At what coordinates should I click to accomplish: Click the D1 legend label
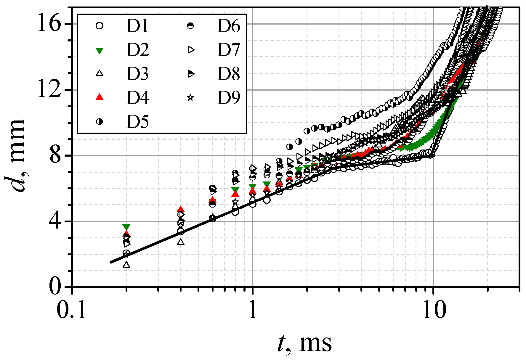click(137, 26)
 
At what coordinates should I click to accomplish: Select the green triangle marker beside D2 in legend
click(100, 50)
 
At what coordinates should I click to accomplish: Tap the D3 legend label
click(137, 74)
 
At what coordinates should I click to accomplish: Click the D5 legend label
click(137, 122)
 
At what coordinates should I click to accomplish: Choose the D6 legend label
click(228, 26)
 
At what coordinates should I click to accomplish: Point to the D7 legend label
click(228, 50)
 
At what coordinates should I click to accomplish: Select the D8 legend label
click(228, 74)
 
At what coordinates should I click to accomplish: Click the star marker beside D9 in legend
click(191, 97)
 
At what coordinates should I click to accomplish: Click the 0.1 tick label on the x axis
click(72, 311)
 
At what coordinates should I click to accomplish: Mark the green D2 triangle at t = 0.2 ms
click(126, 227)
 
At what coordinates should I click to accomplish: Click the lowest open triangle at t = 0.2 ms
click(126, 264)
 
